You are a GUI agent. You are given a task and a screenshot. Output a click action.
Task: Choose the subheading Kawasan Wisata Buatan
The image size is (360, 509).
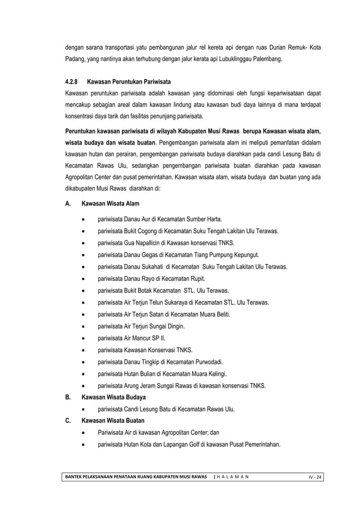pyautogui.click(x=113, y=421)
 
